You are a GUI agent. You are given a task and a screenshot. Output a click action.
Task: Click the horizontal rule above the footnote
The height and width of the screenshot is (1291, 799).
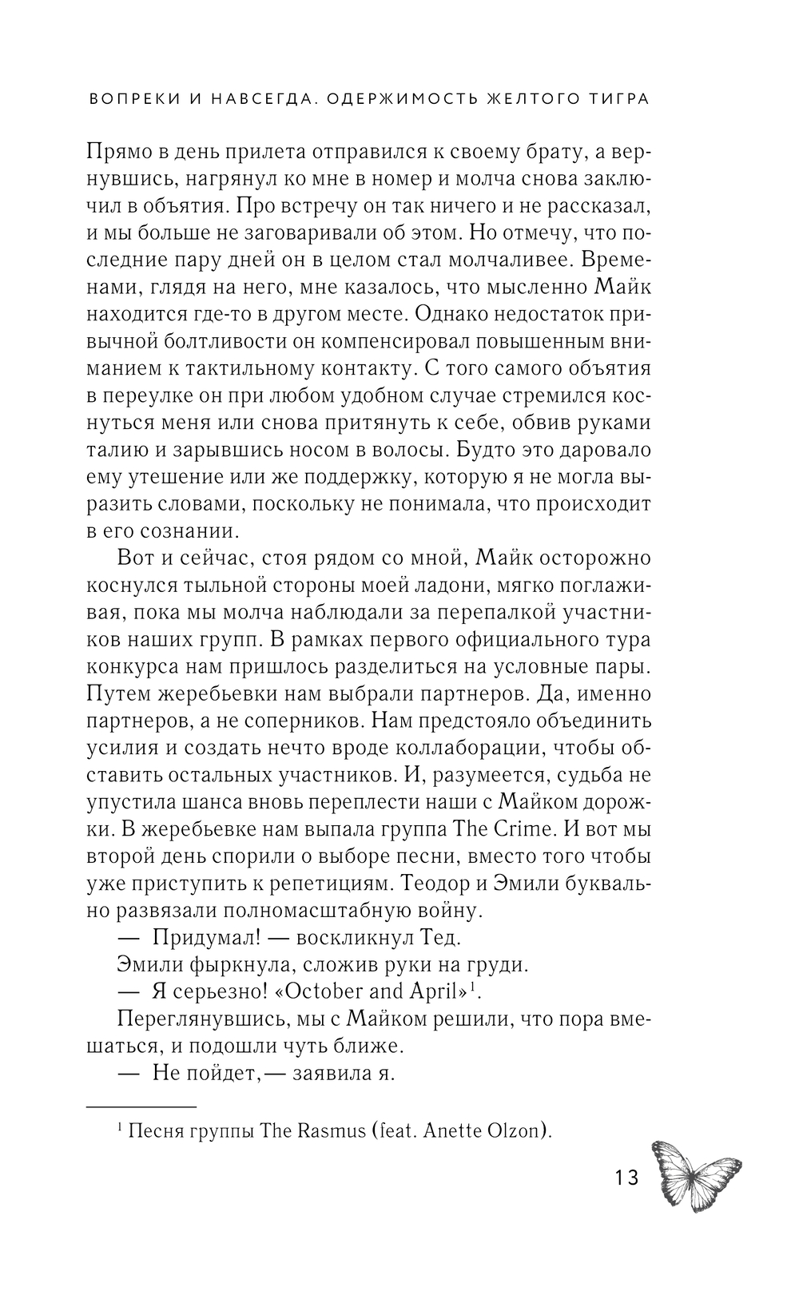(x=140, y=1106)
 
